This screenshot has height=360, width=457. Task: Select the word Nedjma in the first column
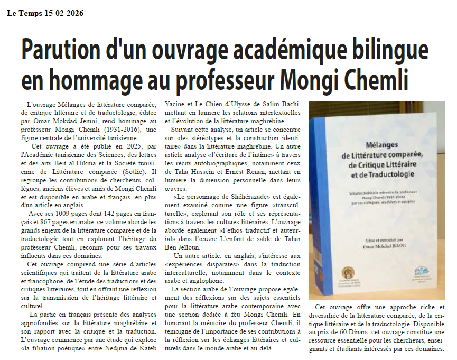124,349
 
